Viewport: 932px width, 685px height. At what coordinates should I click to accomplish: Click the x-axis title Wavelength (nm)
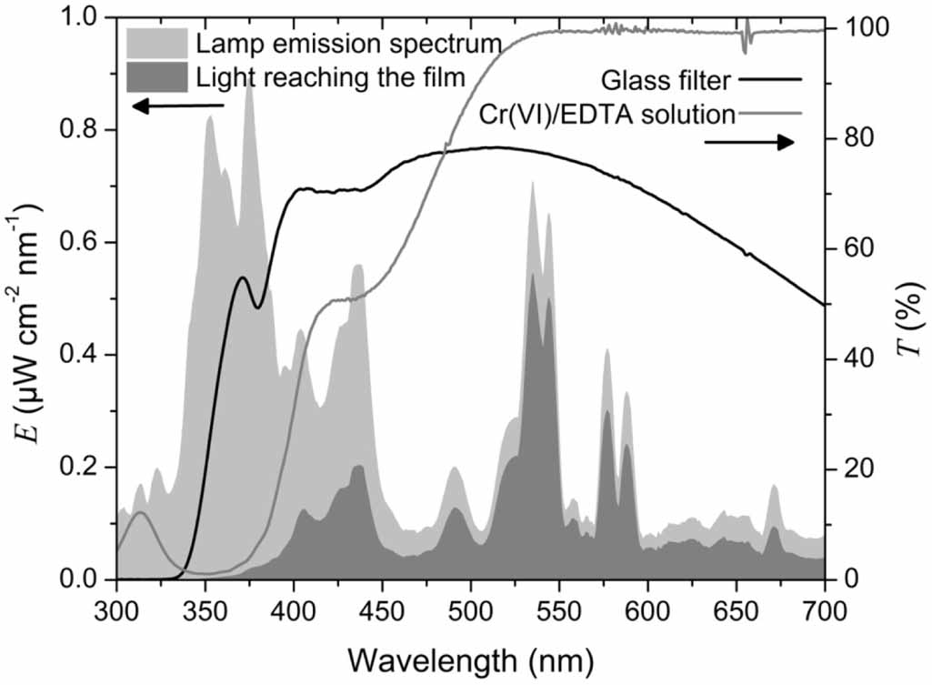(x=470, y=655)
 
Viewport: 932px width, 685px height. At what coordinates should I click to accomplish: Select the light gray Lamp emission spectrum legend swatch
(x=157, y=43)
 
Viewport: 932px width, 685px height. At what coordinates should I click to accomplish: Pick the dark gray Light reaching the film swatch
(x=157, y=76)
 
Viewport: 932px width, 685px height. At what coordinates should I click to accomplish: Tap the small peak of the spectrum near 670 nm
(x=774, y=488)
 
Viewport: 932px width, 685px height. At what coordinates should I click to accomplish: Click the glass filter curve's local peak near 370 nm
(x=243, y=277)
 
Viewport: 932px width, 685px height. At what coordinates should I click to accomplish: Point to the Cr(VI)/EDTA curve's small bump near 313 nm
(x=140, y=512)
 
